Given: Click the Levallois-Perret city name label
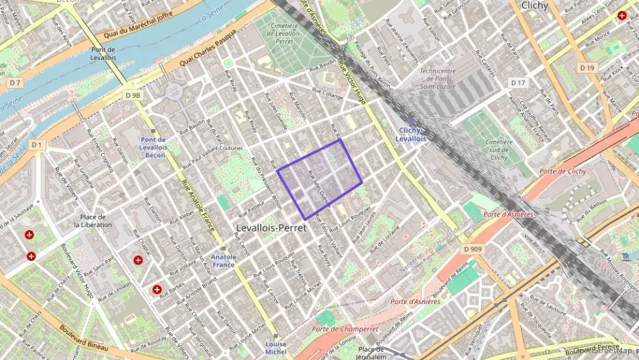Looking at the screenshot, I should coord(271,227).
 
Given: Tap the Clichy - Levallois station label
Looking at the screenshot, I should coord(410,135).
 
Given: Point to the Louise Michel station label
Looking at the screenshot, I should coord(276,348).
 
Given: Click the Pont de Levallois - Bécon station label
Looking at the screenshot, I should coord(153,147).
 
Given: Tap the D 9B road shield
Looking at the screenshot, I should coord(133,96).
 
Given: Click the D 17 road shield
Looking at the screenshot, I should coord(519,83).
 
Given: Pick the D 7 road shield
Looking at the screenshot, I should coord(16,83).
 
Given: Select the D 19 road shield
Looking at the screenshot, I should coord(587,68).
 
